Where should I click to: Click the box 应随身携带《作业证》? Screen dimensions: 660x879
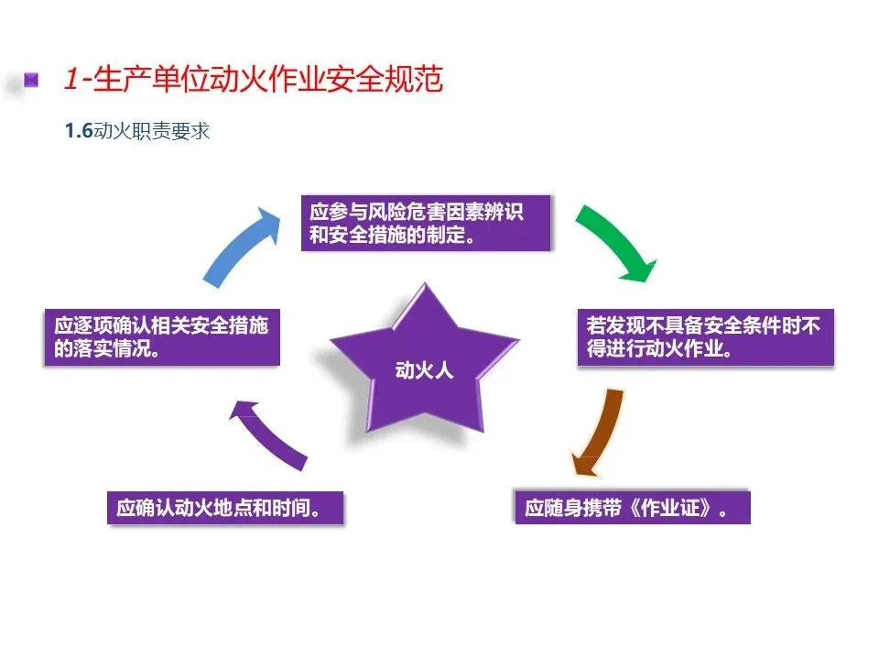[631, 508]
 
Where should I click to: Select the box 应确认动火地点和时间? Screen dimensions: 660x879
[224, 508]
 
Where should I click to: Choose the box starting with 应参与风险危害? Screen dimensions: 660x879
[427, 223]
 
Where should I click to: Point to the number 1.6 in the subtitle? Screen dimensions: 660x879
[79, 131]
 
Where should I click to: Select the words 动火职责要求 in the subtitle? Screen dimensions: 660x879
[152, 131]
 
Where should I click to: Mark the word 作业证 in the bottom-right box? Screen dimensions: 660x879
[673, 508]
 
